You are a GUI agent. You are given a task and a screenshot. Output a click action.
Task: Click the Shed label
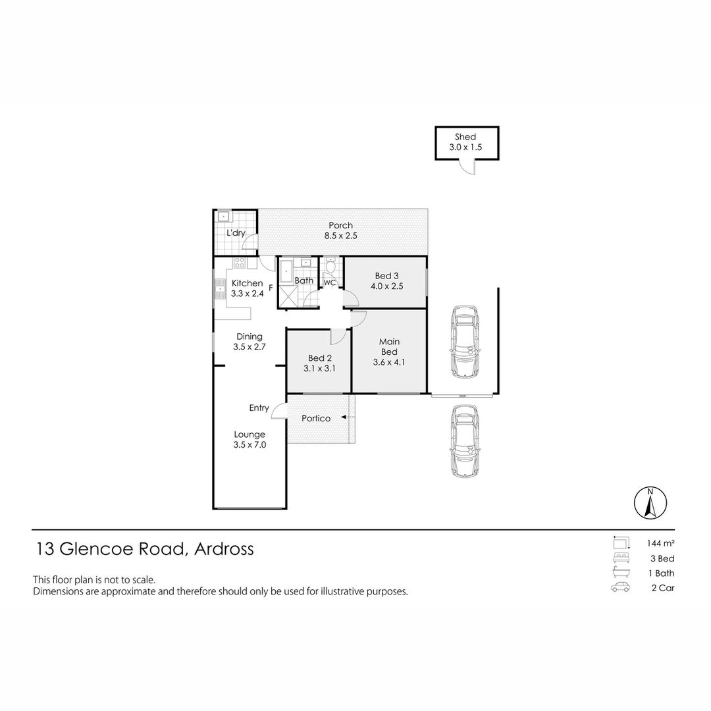[x=465, y=136]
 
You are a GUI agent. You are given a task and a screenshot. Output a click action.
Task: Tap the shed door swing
[x=467, y=167]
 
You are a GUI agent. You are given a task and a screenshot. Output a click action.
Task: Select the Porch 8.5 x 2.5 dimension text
[x=340, y=236]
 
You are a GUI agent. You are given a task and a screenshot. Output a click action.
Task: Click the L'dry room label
[x=236, y=233]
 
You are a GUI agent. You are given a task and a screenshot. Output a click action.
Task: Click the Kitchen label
[x=247, y=283]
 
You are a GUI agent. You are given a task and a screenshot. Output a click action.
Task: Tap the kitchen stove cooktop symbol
[x=239, y=263]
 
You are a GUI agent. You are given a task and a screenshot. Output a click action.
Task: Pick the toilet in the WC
[x=331, y=266]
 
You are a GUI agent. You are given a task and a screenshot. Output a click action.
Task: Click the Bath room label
[x=303, y=280]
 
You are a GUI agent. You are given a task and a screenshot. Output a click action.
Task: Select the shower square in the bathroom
[x=286, y=297]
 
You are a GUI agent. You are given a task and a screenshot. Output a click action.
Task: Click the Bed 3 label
[x=386, y=276]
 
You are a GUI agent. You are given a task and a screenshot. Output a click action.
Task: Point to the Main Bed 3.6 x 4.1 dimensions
[x=388, y=362]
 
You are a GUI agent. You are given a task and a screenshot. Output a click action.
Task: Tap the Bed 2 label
[x=320, y=358]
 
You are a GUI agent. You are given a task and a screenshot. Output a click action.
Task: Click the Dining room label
[x=250, y=337]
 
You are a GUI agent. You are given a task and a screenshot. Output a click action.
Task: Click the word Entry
[x=259, y=408]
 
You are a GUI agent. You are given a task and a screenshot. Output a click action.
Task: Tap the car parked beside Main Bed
[x=464, y=342]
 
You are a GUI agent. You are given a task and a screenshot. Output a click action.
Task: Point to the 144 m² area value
[x=661, y=542]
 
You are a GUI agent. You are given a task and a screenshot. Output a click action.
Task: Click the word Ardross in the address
[x=224, y=549]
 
